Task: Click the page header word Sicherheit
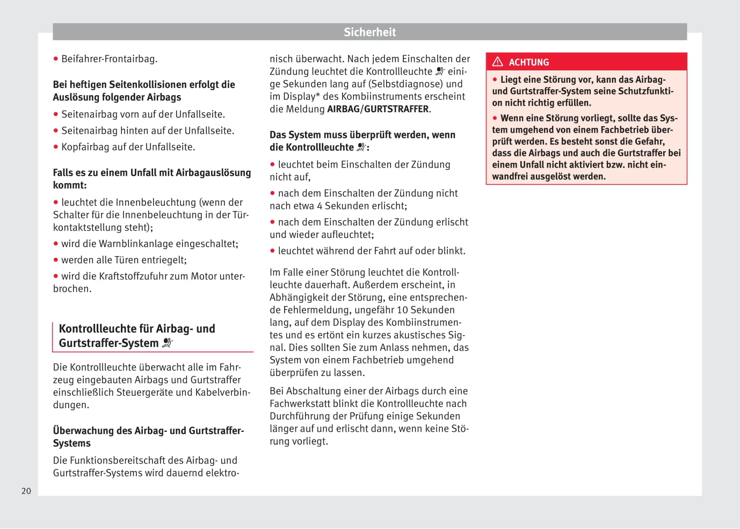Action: [x=369, y=32]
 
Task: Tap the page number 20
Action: [x=26, y=491]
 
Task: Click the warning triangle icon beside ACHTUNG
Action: [x=498, y=62]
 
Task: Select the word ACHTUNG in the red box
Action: [x=529, y=62]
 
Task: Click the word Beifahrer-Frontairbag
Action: [x=109, y=59]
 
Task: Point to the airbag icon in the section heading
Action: [x=168, y=343]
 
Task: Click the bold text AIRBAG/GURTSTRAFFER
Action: [x=378, y=109]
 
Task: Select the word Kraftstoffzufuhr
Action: [x=144, y=276]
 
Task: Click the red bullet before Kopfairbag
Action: [x=56, y=147]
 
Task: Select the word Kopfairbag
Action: [x=85, y=147]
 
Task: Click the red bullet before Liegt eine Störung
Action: [x=495, y=79]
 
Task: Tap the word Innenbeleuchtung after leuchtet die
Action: [x=157, y=202]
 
